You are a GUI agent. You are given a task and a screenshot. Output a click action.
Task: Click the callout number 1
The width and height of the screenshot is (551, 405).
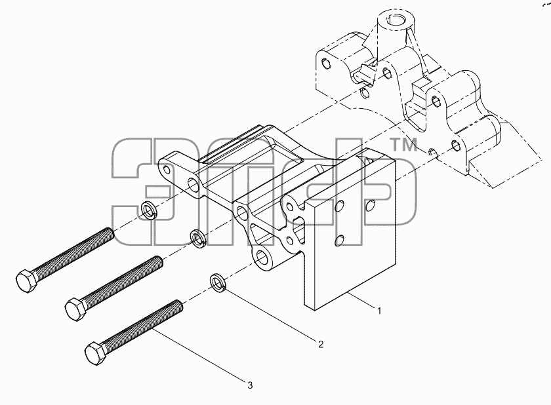(x=379, y=311)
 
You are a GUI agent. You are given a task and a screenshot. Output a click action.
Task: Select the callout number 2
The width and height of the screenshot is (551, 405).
(x=321, y=344)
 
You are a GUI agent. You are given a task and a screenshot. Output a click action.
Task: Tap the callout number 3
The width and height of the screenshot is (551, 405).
(x=250, y=385)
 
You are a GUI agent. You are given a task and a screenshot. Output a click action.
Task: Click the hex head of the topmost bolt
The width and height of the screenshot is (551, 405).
(x=26, y=281)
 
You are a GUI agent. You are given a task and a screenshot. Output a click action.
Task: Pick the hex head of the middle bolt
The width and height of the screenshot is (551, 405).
(x=76, y=309)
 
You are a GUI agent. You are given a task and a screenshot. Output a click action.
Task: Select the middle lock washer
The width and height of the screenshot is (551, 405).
(x=198, y=239)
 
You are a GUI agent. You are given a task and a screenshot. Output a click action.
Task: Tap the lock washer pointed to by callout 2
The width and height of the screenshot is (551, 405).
(x=218, y=282)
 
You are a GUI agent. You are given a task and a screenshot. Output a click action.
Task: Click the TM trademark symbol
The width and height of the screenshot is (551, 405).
(x=405, y=145)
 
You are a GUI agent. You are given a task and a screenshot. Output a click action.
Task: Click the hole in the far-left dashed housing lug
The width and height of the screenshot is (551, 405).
(x=326, y=63)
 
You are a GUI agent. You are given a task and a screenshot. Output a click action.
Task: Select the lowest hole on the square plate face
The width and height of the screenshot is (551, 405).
(x=339, y=241)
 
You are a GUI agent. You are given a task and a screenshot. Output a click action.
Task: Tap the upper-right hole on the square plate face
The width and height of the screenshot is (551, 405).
(x=371, y=205)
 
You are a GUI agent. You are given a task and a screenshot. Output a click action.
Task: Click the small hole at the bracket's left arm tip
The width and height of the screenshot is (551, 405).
(x=167, y=170)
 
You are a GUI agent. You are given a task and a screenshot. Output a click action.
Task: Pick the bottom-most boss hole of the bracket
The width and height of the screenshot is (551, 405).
(x=263, y=259)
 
